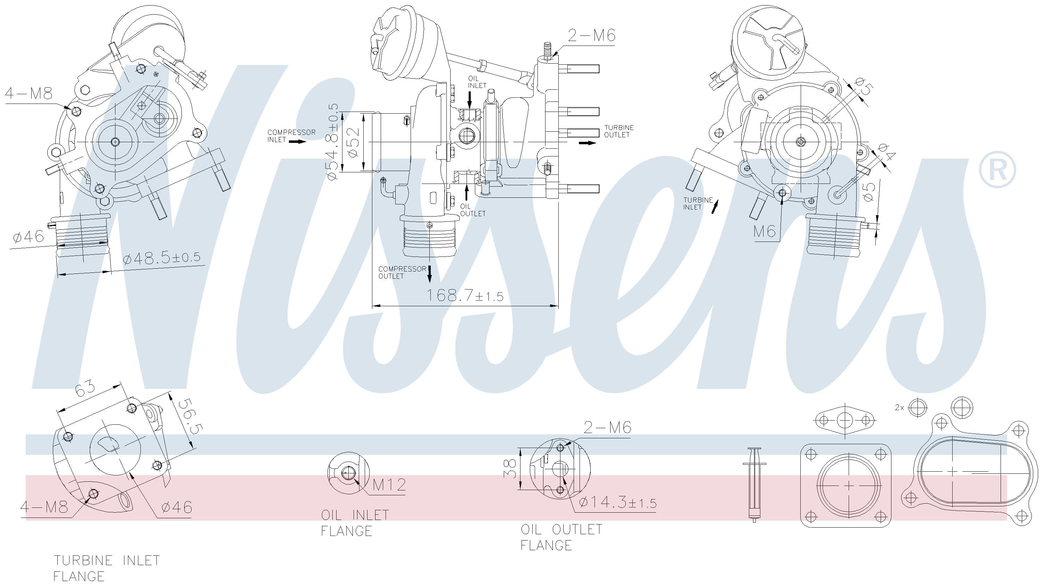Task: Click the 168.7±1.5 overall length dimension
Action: click(x=465, y=295)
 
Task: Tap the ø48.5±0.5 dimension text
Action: click(x=162, y=258)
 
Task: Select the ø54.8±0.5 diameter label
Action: click(x=333, y=142)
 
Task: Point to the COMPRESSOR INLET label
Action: click(x=291, y=136)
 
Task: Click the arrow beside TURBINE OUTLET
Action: click(x=587, y=143)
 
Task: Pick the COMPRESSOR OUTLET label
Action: click(x=402, y=272)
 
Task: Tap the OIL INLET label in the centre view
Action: click(x=477, y=82)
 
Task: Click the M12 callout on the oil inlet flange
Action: click(x=389, y=485)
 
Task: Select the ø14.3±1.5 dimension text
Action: click(x=617, y=503)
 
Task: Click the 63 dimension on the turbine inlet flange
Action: click(x=85, y=387)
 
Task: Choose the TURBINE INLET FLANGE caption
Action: click(x=107, y=568)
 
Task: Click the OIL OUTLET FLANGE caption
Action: click(x=561, y=537)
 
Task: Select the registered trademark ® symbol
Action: click(x=997, y=170)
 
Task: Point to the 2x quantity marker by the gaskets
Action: click(x=899, y=408)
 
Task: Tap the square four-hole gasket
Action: click(x=846, y=486)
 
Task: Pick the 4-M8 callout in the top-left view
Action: click(x=29, y=94)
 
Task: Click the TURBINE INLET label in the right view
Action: click(x=698, y=204)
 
